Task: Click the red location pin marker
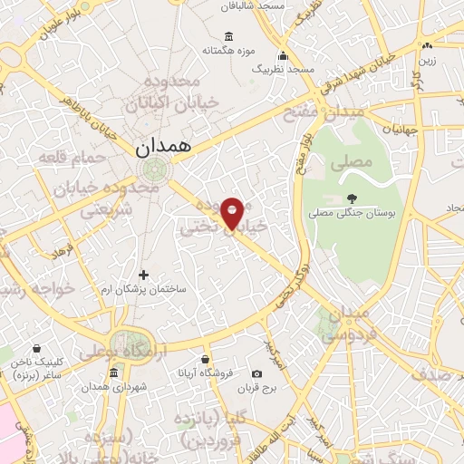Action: (233, 212)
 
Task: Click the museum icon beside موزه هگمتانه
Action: (227, 36)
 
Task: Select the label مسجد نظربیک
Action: (282, 69)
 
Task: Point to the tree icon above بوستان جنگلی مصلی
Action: (352, 198)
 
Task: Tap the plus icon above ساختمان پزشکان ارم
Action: (143, 274)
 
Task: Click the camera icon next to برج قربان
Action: (256, 373)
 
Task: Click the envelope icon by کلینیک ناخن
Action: (37, 348)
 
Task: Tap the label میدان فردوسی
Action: (346, 324)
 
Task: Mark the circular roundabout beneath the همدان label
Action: (156, 169)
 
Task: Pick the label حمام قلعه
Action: (70, 158)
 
